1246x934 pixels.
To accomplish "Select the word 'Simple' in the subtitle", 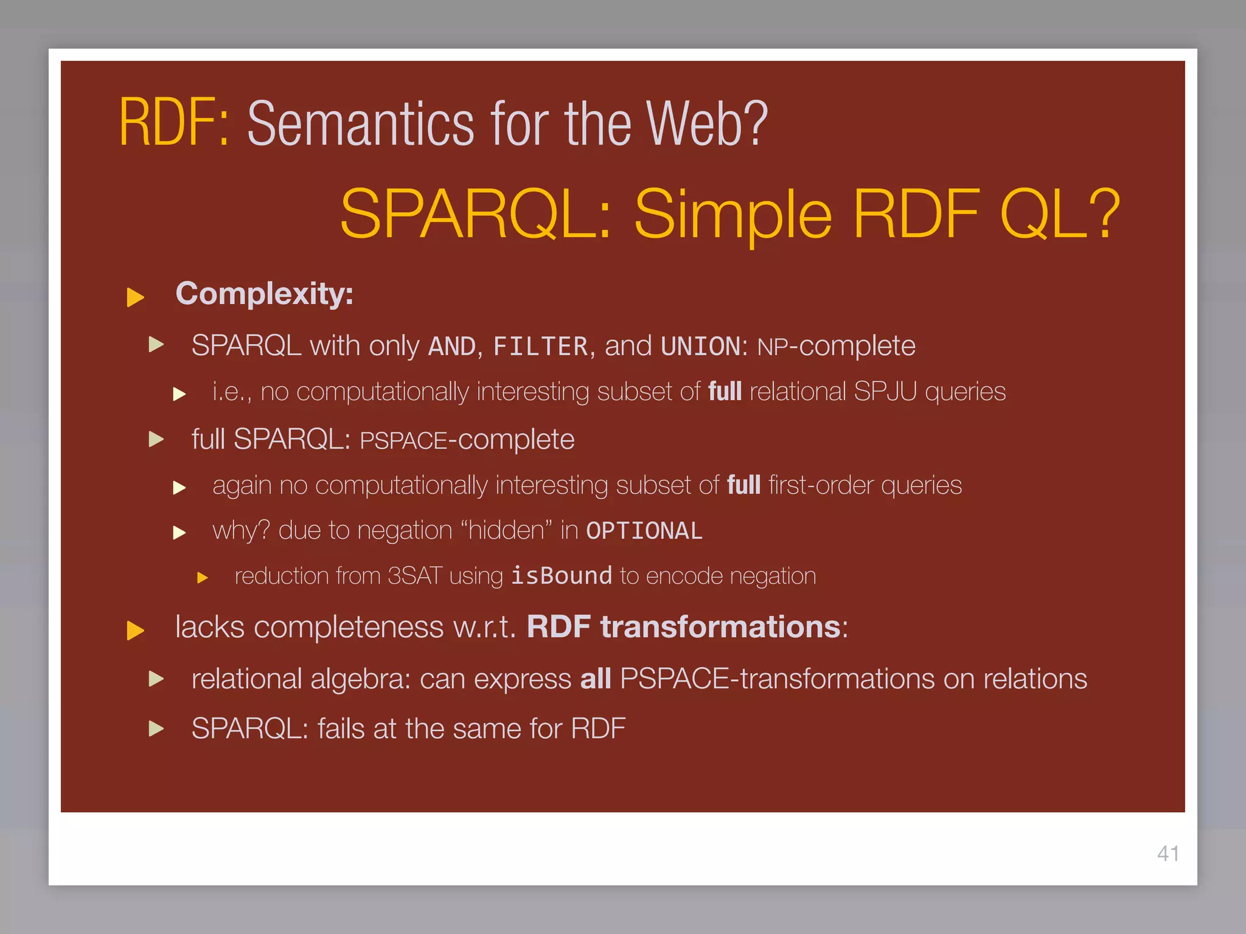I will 733,214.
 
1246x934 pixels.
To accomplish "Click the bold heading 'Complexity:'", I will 264,294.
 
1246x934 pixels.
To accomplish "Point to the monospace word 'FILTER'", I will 540,347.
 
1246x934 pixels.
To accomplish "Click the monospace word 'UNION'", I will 700,347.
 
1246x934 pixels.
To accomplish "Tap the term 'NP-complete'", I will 836,347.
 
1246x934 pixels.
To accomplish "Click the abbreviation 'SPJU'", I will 885,392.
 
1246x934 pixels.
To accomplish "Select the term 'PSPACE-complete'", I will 467,440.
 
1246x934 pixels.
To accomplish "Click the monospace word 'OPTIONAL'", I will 644,531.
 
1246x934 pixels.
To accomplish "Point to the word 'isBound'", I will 561,576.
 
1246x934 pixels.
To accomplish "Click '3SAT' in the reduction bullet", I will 414,576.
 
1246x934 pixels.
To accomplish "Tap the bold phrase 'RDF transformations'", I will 683,627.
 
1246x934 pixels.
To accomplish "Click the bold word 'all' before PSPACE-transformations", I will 595,679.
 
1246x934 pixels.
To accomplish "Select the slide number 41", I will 1168,854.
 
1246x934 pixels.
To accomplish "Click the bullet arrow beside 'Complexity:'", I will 135,297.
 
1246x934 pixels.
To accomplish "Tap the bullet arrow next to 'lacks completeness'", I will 135,630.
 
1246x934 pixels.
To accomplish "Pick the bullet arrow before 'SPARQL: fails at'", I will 156,728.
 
